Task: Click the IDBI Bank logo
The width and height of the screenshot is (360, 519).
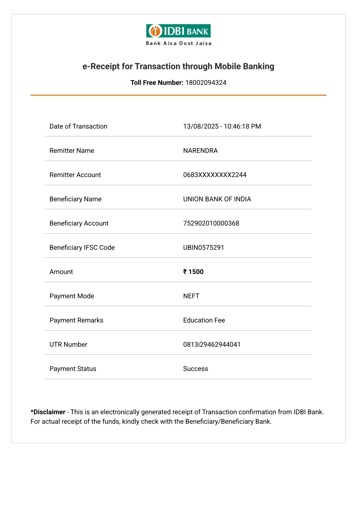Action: click(178, 31)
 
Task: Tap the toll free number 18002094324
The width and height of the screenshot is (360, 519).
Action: click(206, 83)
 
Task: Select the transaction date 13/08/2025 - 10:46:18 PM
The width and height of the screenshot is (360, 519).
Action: click(222, 126)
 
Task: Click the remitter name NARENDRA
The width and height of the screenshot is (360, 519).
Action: click(200, 151)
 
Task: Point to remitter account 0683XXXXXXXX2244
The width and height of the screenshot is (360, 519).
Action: click(215, 175)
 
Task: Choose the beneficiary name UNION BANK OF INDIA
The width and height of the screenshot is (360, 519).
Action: click(217, 199)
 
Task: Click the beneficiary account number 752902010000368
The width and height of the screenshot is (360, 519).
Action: click(211, 223)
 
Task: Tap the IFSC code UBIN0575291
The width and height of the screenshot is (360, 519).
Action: click(203, 248)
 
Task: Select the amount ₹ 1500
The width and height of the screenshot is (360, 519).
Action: click(193, 272)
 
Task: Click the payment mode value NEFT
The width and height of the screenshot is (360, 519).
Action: click(191, 296)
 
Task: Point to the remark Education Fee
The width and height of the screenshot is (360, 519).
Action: click(204, 320)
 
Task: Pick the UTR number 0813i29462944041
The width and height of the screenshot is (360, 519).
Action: click(211, 345)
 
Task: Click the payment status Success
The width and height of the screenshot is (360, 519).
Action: click(195, 369)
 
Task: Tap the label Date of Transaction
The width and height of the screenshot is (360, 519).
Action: click(78, 126)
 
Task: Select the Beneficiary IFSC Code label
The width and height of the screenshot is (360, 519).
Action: click(82, 248)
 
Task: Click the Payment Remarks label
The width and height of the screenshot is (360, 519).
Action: click(76, 320)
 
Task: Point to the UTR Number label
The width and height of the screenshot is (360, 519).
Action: click(68, 345)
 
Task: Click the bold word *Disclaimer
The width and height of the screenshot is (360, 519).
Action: click(48, 412)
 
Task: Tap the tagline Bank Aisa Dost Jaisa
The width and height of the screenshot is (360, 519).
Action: click(178, 44)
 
